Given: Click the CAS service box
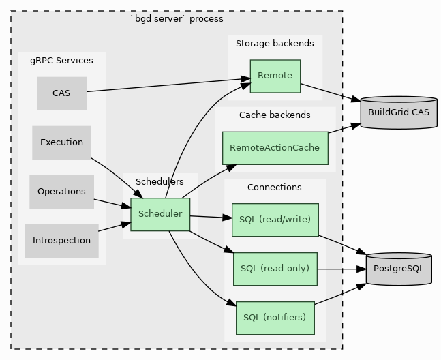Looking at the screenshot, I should [x=61, y=93].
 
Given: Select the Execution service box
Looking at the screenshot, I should [x=61, y=142].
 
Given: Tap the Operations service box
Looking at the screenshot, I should [x=61, y=192].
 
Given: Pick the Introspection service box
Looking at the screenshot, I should [x=61, y=241].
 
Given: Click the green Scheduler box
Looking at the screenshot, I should [x=160, y=214].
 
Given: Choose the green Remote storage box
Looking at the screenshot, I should [x=275, y=76].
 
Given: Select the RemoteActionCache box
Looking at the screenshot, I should [x=275, y=148].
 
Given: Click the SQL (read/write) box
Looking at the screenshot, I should [x=275, y=220].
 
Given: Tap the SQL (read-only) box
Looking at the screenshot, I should [x=275, y=269].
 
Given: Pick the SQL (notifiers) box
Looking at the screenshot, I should [x=275, y=318].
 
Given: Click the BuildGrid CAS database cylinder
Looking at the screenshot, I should [x=399, y=112].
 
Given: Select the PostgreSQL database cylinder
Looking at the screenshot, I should [x=399, y=269].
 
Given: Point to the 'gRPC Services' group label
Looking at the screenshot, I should [x=61, y=61].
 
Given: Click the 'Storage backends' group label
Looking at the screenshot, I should [x=275, y=44].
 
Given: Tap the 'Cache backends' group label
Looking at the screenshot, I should [x=275, y=115].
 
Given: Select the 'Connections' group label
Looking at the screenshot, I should [x=275, y=187].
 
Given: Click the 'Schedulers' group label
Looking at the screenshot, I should [x=159, y=182].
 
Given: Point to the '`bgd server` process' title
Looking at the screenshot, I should [x=177, y=19].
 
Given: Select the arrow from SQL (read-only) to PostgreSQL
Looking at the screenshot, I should [x=341, y=269].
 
